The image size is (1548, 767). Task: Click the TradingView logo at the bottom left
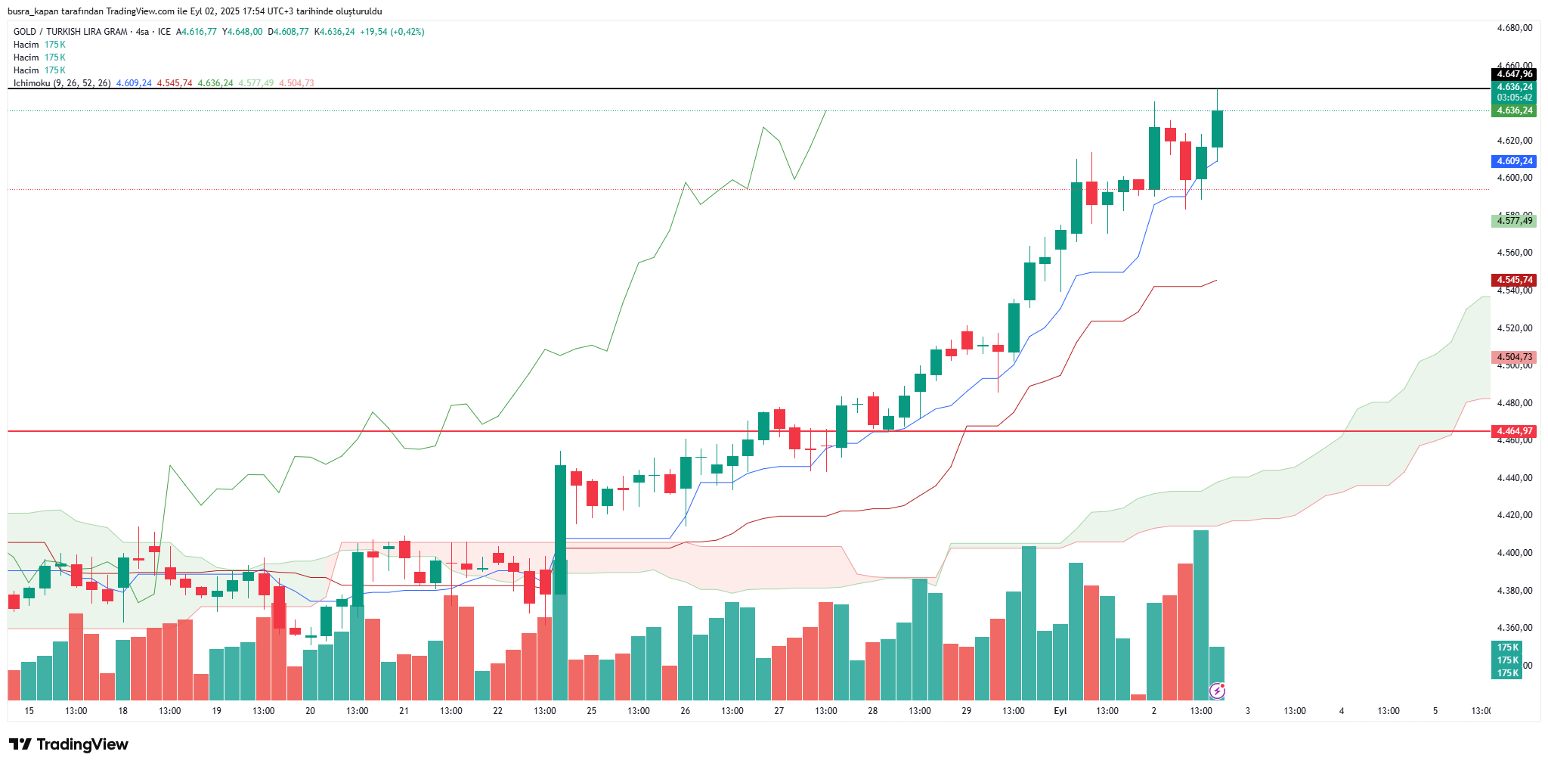(x=68, y=744)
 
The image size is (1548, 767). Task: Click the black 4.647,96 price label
(x=1515, y=74)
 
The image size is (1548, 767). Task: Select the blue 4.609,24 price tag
(x=1515, y=161)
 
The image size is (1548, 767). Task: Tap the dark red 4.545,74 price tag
(x=1515, y=280)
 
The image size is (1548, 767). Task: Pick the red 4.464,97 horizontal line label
(x=1515, y=431)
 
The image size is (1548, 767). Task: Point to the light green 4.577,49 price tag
(x=1515, y=221)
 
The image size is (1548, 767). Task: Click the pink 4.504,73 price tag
(x=1515, y=357)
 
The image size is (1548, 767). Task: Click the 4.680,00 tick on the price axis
(x=1515, y=28)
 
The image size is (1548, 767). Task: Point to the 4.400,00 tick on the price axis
(x=1515, y=553)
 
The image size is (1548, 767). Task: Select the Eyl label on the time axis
(x=1060, y=711)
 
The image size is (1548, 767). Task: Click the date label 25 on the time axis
(x=591, y=711)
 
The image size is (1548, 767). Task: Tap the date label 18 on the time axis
(x=122, y=711)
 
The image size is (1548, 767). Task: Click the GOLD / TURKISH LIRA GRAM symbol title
(x=70, y=32)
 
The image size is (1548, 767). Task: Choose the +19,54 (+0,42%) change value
(x=392, y=32)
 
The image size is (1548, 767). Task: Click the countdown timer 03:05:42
(x=1515, y=98)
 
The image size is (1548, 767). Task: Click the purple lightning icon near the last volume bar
(x=1217, y=690)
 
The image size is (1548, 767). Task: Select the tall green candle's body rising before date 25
(x=560, y=529)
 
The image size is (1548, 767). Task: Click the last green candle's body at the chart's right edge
(x=1217, y=129)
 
